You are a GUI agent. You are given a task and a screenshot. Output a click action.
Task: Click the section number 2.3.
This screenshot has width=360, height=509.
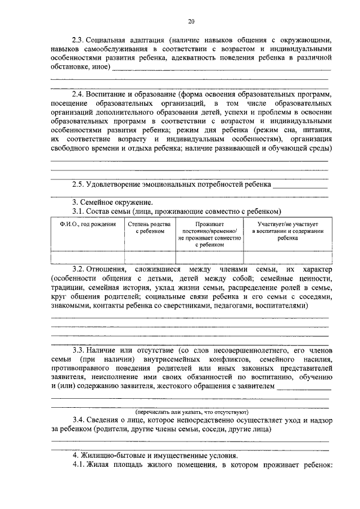[78, 40]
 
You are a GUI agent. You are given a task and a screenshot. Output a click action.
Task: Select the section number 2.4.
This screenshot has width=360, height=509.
[78, 94]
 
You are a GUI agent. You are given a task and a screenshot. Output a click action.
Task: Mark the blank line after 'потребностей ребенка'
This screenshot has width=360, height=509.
[299, 185]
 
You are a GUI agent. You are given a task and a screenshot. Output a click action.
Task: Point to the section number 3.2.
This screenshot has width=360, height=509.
[78, 271]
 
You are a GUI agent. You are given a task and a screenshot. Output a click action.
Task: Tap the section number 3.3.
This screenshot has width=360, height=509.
[78, 349]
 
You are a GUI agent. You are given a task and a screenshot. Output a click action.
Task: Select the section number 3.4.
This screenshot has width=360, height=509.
[78, 420]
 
